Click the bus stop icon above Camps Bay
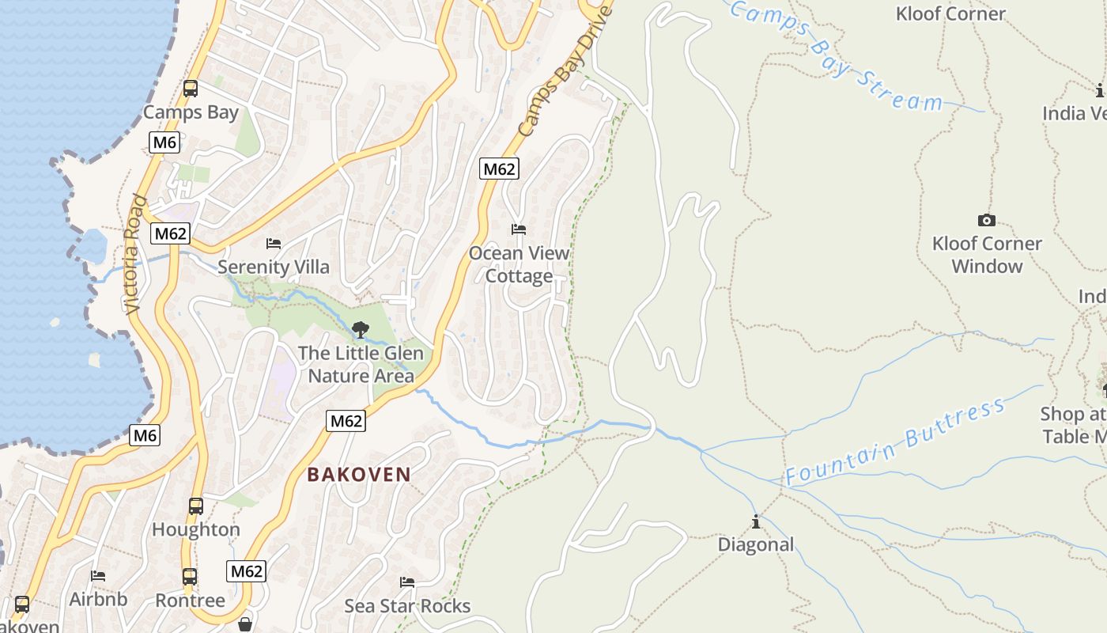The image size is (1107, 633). pyautogui.click(x=190, y=89)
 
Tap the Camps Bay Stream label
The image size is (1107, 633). pyautogui.click(x=836, y=55)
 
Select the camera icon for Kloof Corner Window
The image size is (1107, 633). pyautogui.click(x=986, y=220)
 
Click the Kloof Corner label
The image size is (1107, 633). pyautogui.click(x=950, y=13)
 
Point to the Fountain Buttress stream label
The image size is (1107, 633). pyautogui.click(x=895, y=443)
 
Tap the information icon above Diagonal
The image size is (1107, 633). pyautogui.click(x=756, y=521)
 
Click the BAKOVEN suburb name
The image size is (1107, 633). pyautogui.click(x=359, y=475)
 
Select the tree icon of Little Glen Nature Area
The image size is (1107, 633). pyautogui.click(x=360, y=329)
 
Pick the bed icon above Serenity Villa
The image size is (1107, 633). pyautogui.click(x=274, y=243)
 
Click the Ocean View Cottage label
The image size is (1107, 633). pyautogui.click(x=519, y=264)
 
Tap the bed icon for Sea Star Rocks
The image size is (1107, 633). pyautogui.click(x=407, y=582)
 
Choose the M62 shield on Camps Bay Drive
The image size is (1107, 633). pyautogui.click(x=499, y=169)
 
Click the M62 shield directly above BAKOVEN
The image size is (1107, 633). pyautogui.click(x=346, y=421)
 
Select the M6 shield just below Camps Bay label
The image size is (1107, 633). pyautogui.click(x=164, y=142)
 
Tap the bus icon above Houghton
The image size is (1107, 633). pyautogui.click(x=195, y=506)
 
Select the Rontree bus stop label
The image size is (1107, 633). pyautogui.click(x=190, y=601)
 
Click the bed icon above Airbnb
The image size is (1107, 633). pyautogui.click(x=98, y=575)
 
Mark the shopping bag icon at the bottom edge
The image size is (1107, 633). pyautogui.click(x=245, y=625)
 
